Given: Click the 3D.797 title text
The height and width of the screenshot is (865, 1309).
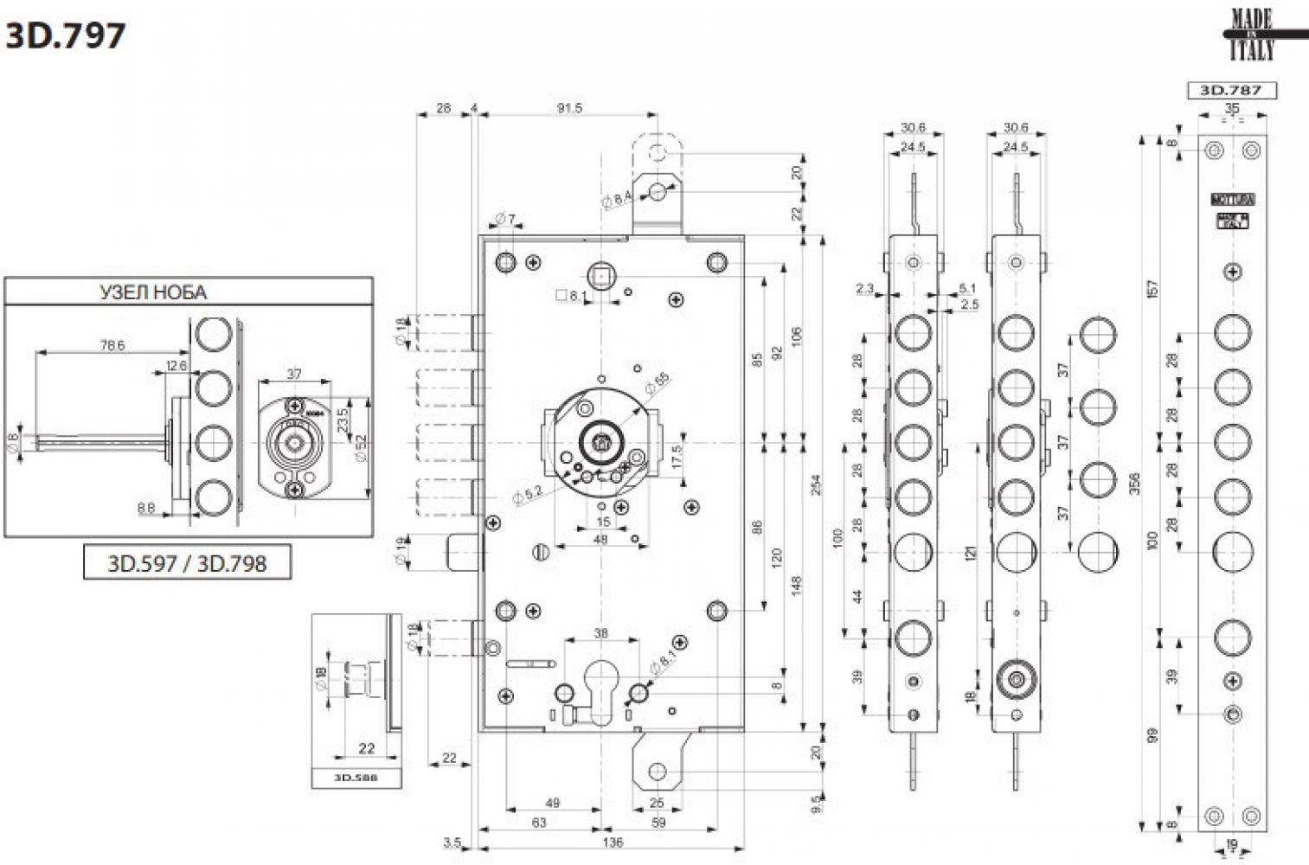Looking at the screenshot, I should [x=65, y=36].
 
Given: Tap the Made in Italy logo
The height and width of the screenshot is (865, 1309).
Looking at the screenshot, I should [x=1252, y=35].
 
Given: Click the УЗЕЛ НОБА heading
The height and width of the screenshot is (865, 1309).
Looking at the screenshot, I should [x=154, y=292].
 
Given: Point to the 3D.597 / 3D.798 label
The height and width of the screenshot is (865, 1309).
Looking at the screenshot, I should [x=187, y=563].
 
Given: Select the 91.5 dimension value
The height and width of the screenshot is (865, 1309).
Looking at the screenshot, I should [x=569, y=108].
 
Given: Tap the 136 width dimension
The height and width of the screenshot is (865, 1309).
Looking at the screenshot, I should [x=612, y=843].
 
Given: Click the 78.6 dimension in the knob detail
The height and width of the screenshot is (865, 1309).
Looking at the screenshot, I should [x=112, y=345].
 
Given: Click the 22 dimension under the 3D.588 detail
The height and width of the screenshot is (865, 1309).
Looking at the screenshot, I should [x=366, y=749].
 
